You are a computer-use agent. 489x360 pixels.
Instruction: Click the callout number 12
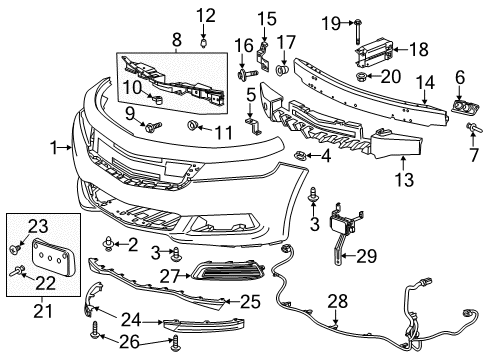click(205, 14)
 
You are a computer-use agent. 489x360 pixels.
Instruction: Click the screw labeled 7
click(470, 127)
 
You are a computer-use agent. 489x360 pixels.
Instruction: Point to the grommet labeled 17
click(283, 72)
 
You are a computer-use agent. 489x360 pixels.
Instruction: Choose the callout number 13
click(404, 181)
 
